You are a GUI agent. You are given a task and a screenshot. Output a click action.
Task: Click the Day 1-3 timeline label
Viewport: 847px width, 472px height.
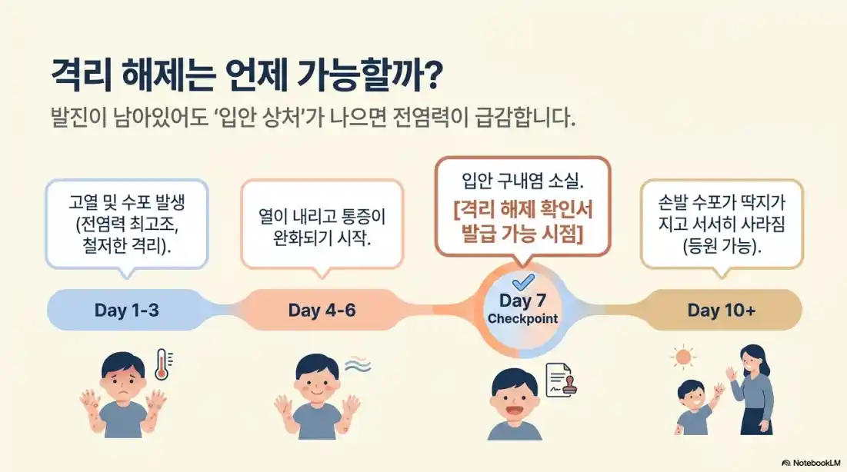click(x=127, y=311)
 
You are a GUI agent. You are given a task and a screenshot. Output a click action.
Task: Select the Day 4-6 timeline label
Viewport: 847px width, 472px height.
click(x=322, y=311)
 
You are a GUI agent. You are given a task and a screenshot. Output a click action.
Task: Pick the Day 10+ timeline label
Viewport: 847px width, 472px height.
click(x=721, y=311)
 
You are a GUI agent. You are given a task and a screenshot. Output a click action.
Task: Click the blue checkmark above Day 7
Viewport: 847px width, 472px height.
click(x=522, y=281)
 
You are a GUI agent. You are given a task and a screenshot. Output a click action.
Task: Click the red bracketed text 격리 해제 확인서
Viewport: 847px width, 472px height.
click(x=522, y=208)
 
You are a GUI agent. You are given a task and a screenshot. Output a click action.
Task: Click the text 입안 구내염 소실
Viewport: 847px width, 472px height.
click(x=522, y=181)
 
